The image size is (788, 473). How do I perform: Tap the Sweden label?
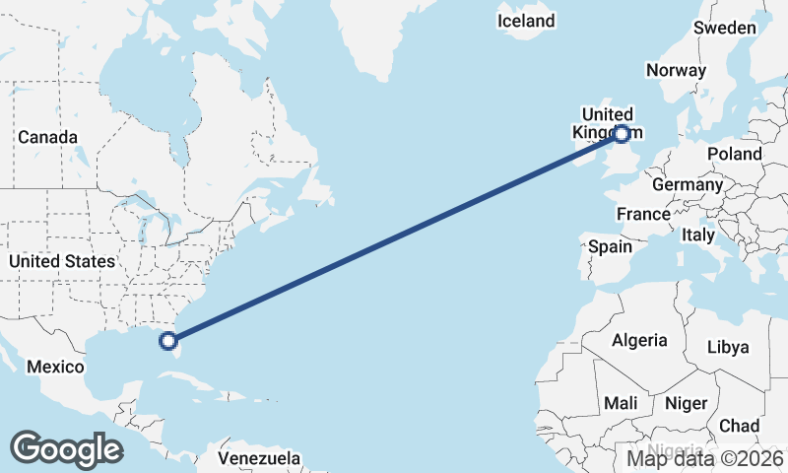click(724, 28)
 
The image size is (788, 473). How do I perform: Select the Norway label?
click(676, 70)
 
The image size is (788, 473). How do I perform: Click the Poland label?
click(734, 154)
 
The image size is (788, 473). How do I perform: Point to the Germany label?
click(687, 184)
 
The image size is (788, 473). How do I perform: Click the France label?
click(642, 214)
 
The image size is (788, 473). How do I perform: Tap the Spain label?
click(610, 246)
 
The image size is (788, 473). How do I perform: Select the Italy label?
click(698, 236)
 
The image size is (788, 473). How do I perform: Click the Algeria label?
click(639, 340)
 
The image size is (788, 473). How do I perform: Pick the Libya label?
click(729, 347)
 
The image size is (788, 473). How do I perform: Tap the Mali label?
click(621, 403)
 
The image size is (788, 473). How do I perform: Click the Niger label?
click(687, 403)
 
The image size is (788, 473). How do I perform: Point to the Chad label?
click(739, 425)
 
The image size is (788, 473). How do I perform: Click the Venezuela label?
click(259, 458)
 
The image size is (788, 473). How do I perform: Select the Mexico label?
click(55, 367)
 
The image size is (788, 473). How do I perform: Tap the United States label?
click(61, 261)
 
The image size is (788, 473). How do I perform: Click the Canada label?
click(47, 137)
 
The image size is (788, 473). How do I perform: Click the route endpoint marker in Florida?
click(168, 341)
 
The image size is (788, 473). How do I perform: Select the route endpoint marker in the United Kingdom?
click(622, 134)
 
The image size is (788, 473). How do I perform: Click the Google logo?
click(66, 449)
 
